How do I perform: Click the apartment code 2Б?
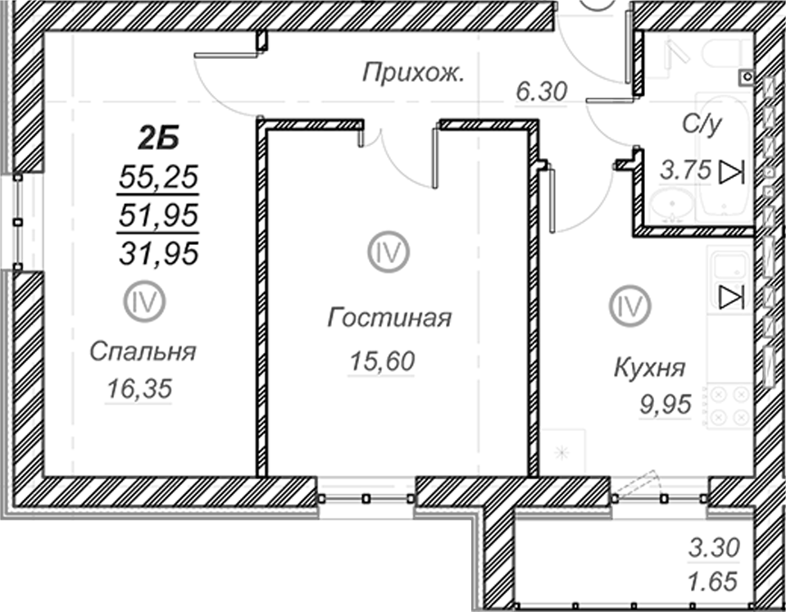[x=159, y=138]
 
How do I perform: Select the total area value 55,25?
[x=158, y=178]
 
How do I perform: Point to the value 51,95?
[x=158, y=216]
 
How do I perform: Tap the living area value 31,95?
[x=158, y=253]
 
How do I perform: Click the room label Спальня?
[x=143, y=351]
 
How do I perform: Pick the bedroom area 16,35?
[x=140, y=388]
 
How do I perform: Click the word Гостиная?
[x=389, y=317]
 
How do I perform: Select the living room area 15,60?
[x=382, y=360]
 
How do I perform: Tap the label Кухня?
[x=649, y=369]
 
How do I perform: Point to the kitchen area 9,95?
[x=666, y=404]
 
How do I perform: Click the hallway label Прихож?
[x=413, y=74]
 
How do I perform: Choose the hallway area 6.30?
[x=542, y=93]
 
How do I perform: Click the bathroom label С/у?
[x=702, y=124]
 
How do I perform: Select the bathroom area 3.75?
[x=685, y=170]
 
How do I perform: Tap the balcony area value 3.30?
[x=714, y=547]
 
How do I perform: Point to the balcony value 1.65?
[x=714, y=582]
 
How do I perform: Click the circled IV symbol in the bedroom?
[x=145, y=301]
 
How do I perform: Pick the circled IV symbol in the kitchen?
[x=630, y=306]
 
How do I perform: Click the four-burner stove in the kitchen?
[x=729, y=406]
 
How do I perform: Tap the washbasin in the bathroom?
[x=672, y=206]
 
